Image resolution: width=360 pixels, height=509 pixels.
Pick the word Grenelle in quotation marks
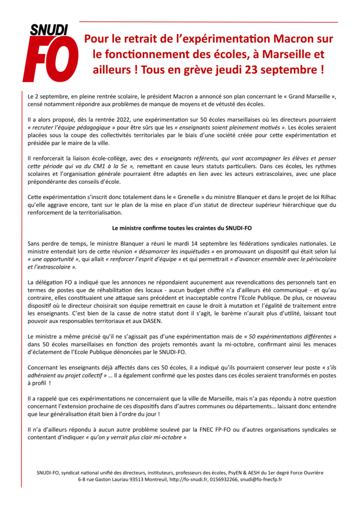[x=155, y=198]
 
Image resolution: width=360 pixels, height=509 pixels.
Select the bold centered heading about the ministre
[x=180, y=229]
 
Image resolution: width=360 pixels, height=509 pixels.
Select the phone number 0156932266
[x=224, y=480]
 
